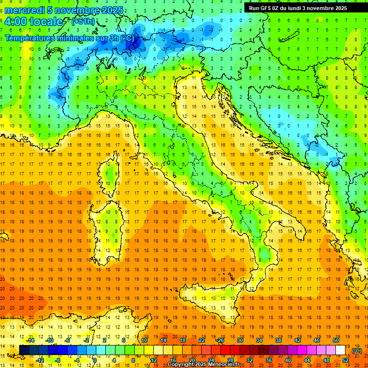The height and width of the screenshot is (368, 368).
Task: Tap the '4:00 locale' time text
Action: [x=34, y=22]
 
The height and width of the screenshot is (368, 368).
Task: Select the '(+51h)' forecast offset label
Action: [x=83, y=22]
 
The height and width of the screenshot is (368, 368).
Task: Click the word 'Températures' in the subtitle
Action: [x=32, y=38]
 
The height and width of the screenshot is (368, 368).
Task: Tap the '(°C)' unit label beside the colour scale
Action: [x=357, y=351]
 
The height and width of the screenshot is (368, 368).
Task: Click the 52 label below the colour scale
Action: [x=345, y=360]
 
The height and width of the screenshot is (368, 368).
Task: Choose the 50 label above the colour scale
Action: [x=336, y=340]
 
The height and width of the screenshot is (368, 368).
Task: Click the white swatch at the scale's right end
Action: [x=341, y=350]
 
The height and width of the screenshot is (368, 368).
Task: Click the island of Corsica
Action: [x=112, y=172]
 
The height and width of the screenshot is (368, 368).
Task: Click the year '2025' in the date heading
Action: [x=112, y=10]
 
